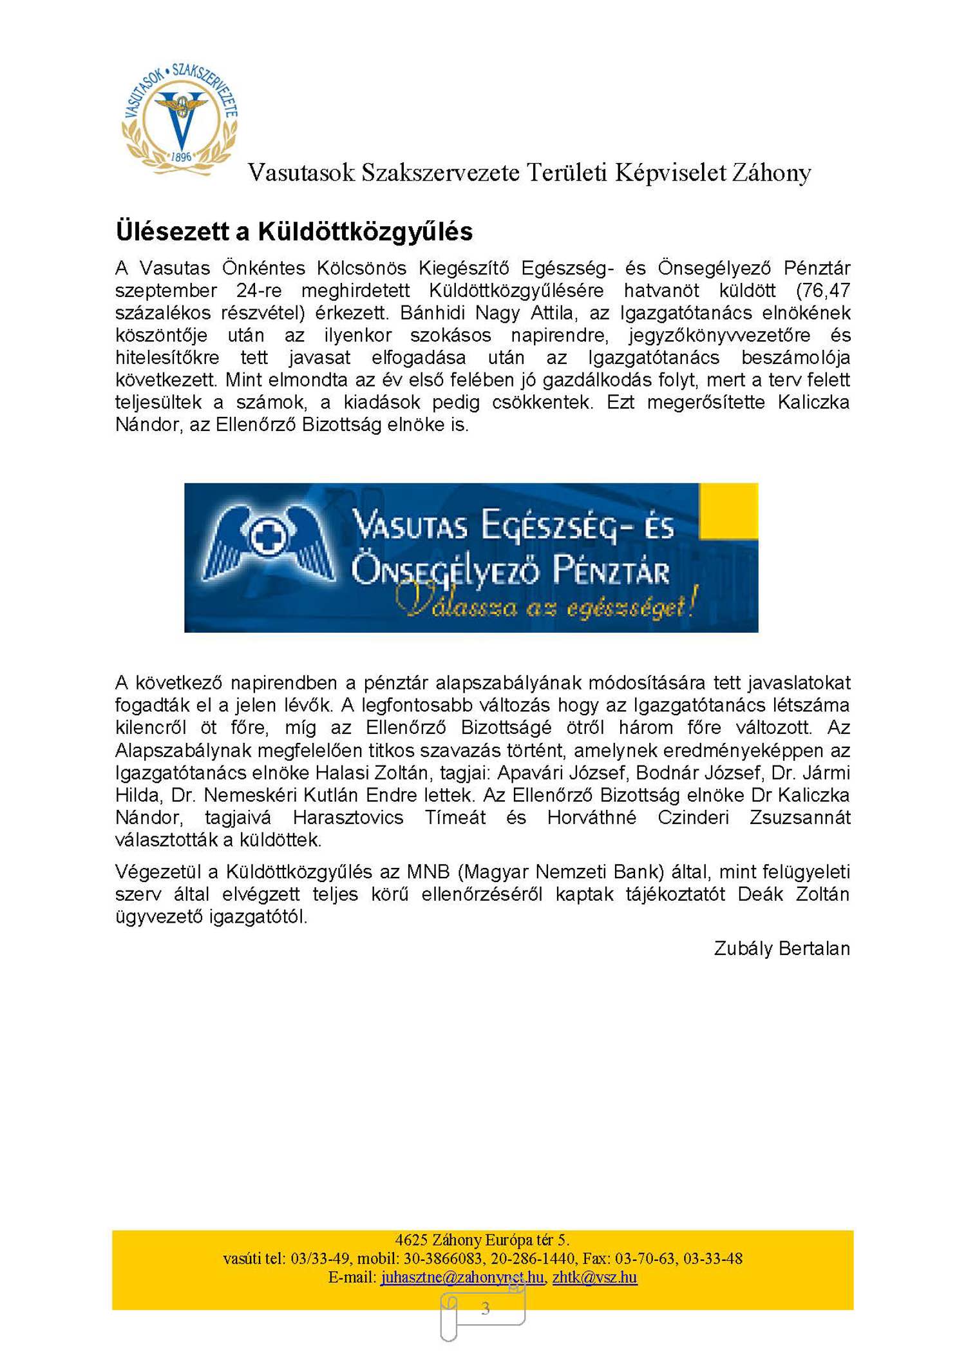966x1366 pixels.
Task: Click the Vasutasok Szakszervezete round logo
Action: click(x=180, y=119)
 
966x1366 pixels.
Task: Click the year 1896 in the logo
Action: click(x=182, y=157)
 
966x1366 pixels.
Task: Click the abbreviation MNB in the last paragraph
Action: click(x=428, y=872)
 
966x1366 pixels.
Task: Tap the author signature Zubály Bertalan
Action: click(x=782, y=948)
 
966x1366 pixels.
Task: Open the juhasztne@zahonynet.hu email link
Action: click(x=462, y=1277)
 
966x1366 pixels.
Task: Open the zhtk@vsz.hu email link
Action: click(x=594, y=1277)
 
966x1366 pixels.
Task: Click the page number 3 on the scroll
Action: click(x=486, y=1308)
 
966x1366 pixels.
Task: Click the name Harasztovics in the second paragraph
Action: click(x=348, y=818)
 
